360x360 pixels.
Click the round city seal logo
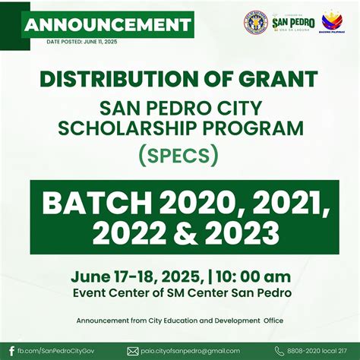tap(254, 22)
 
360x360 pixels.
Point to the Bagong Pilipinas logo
tap(332, 23)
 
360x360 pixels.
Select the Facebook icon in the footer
tap(11, 350)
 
